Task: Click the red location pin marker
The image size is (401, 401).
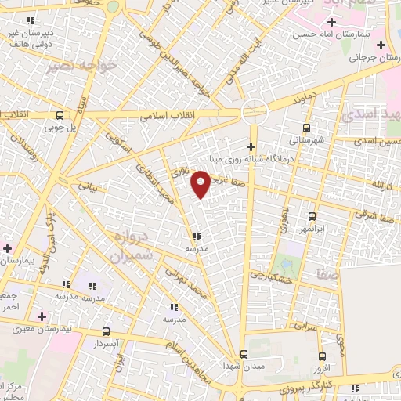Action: (x=201, y=183)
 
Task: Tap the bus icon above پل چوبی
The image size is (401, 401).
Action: (x=60, y=114)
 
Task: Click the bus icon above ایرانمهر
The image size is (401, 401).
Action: (x=312, y=216)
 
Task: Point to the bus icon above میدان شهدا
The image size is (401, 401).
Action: (x=244, y=354)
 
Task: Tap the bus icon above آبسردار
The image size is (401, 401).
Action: (x=106, y=331)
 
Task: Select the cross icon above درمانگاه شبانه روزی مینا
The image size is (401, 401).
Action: (x=251, y=146)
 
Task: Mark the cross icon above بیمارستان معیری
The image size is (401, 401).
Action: (x=41, y=316)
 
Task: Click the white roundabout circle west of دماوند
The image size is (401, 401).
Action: (x=252, y=111)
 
